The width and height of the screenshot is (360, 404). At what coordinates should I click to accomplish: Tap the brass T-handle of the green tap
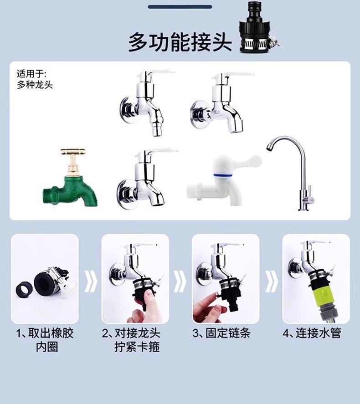(x=73, y=153)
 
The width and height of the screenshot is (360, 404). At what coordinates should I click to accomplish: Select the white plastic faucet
(x=224, y=180)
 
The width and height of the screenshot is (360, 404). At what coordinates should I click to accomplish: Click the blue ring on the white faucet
(x=223, y=176)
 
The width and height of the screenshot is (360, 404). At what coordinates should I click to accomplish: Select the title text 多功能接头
(x=180, y=42)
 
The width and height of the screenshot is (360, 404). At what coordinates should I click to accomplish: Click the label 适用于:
(x=31, y=74)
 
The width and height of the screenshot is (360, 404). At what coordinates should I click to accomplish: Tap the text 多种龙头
(x=35, y=85)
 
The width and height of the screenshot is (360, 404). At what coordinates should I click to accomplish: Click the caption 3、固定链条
(x=221, y=333)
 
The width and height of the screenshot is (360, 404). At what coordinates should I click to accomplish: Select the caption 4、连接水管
(x=312, y=333)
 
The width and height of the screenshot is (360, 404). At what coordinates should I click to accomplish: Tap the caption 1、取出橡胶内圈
(x=45, y=340)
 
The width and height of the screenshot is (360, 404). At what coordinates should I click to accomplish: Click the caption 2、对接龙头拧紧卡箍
(x=131, y=340)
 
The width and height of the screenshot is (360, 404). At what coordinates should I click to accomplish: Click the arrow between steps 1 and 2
(x=91, y=281)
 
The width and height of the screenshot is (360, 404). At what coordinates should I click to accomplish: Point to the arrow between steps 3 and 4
(x=272, y=281)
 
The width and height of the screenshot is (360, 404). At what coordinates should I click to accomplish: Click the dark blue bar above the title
(x=180, y=7)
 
